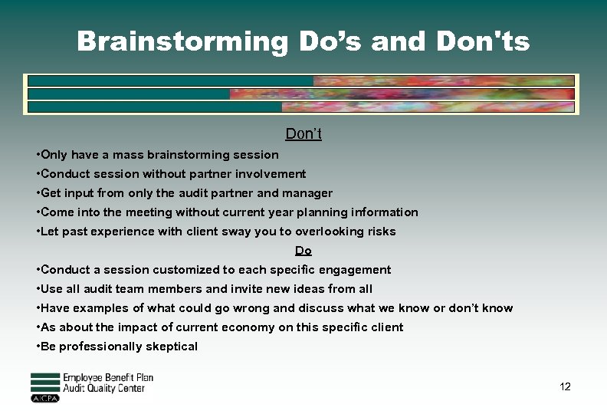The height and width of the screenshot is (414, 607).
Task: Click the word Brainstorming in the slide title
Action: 182,41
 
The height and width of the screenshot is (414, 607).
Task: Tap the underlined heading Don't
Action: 303,134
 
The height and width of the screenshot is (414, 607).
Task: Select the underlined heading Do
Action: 303,251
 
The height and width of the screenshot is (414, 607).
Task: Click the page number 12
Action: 565,386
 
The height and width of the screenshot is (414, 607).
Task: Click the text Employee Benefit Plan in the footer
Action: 108,377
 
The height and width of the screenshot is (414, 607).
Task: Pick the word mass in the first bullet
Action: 127,155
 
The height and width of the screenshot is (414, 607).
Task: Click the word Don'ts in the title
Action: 483,41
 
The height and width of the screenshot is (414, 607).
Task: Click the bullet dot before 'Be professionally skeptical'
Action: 38,347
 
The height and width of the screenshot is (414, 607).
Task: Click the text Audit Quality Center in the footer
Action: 103,389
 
